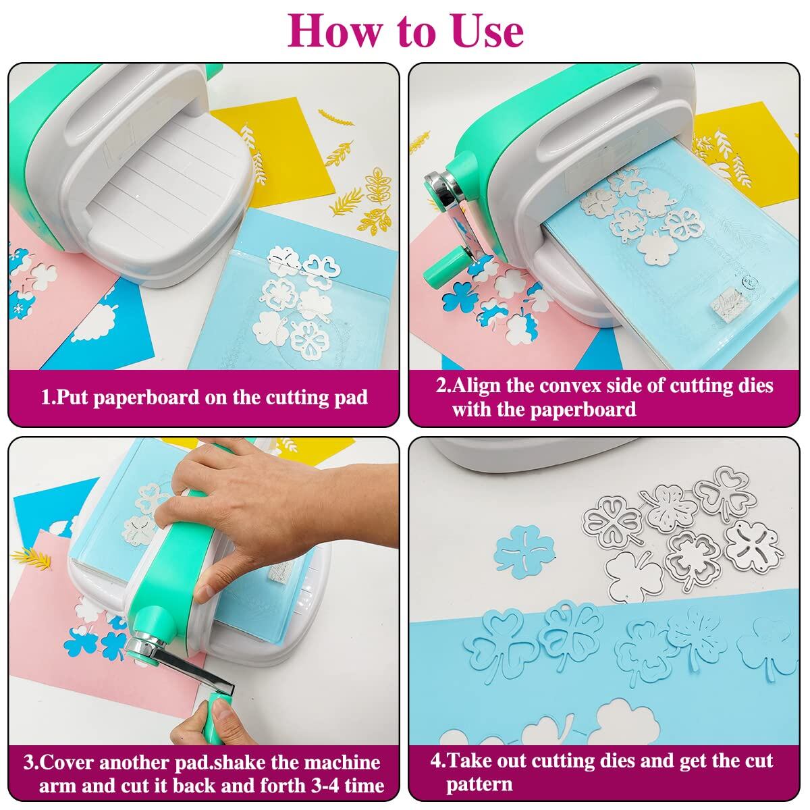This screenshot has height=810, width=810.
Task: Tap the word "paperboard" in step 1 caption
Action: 146,398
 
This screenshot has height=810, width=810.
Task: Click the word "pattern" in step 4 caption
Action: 479,785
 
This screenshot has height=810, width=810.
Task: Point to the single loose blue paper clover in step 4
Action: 524,551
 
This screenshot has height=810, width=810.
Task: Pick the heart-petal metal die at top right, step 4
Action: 726,490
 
